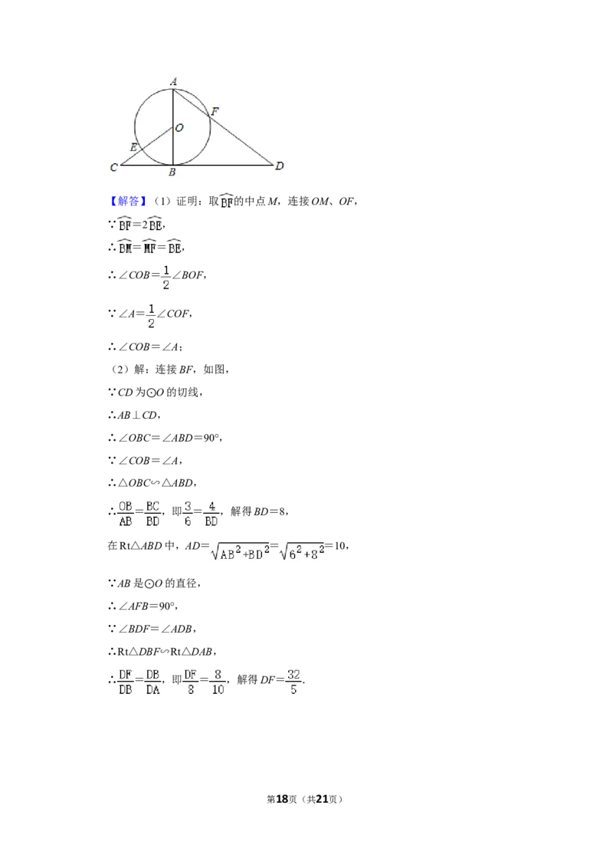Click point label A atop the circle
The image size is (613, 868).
(x=173, y=81)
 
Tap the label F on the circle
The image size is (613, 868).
(x=215, y=110)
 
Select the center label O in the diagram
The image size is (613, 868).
(x=179, y=128)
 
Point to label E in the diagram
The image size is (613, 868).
(x=133, y=147)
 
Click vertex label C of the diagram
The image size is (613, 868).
(x=114, y=167)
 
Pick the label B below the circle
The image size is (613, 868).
(x=172, y=173)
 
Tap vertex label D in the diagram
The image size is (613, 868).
(x=280, y=166)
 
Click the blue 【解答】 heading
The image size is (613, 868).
(x=128, y=201)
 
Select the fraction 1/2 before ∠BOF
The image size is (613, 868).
(x=166, y=278)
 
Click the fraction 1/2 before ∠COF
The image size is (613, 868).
(x=151, y=316)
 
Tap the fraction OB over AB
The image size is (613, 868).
(x=126, y=514)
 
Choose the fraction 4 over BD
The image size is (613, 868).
(x=211, y=514)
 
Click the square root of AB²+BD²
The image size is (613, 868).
(x=240, y=551)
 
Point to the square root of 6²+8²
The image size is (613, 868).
(x=302, y=551)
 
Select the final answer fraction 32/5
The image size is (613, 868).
(x=293, y=682)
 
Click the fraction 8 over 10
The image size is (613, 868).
(x=218, y=682)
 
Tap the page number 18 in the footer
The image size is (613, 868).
(x=282, y=799)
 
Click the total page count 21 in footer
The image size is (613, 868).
(x=321, y=799)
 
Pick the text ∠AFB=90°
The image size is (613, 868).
(x=148, y=607)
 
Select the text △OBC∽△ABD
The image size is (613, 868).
(x=156, y=483)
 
